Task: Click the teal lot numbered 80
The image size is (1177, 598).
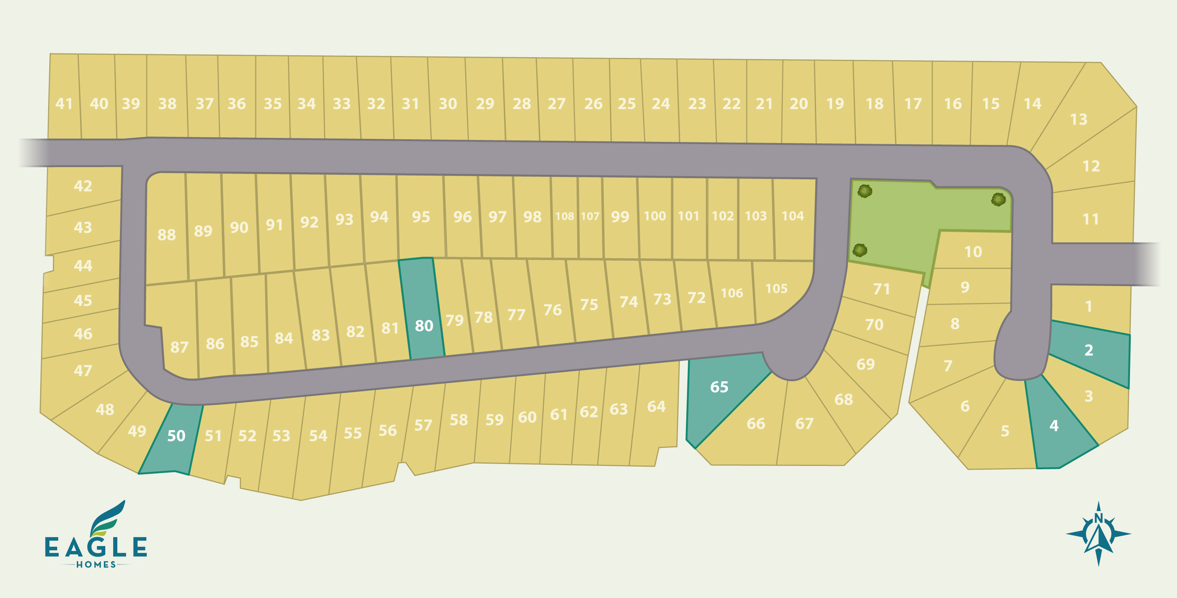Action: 423,326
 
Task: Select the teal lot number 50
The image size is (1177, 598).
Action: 176,436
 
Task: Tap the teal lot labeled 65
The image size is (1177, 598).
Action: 719,387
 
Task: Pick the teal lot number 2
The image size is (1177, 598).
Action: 1089,350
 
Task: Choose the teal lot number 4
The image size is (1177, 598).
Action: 1054,426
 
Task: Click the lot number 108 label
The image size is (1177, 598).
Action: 564,216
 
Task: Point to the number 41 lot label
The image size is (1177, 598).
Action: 64,104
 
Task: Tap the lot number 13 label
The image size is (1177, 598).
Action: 1079,119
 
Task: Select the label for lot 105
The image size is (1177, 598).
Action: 776,289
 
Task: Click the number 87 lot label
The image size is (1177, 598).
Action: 179,347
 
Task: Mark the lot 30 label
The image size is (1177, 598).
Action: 448,104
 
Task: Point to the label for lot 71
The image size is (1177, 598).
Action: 881,289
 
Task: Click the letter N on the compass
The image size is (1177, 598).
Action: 1098,518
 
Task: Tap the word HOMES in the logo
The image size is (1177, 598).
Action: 96,565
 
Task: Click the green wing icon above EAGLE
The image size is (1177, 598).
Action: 108,519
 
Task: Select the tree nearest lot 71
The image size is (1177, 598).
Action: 860,250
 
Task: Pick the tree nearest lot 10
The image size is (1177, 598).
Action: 998,199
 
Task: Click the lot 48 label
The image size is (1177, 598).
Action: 105,409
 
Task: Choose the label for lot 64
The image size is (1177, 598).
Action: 656,406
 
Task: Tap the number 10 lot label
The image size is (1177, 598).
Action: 973,252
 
